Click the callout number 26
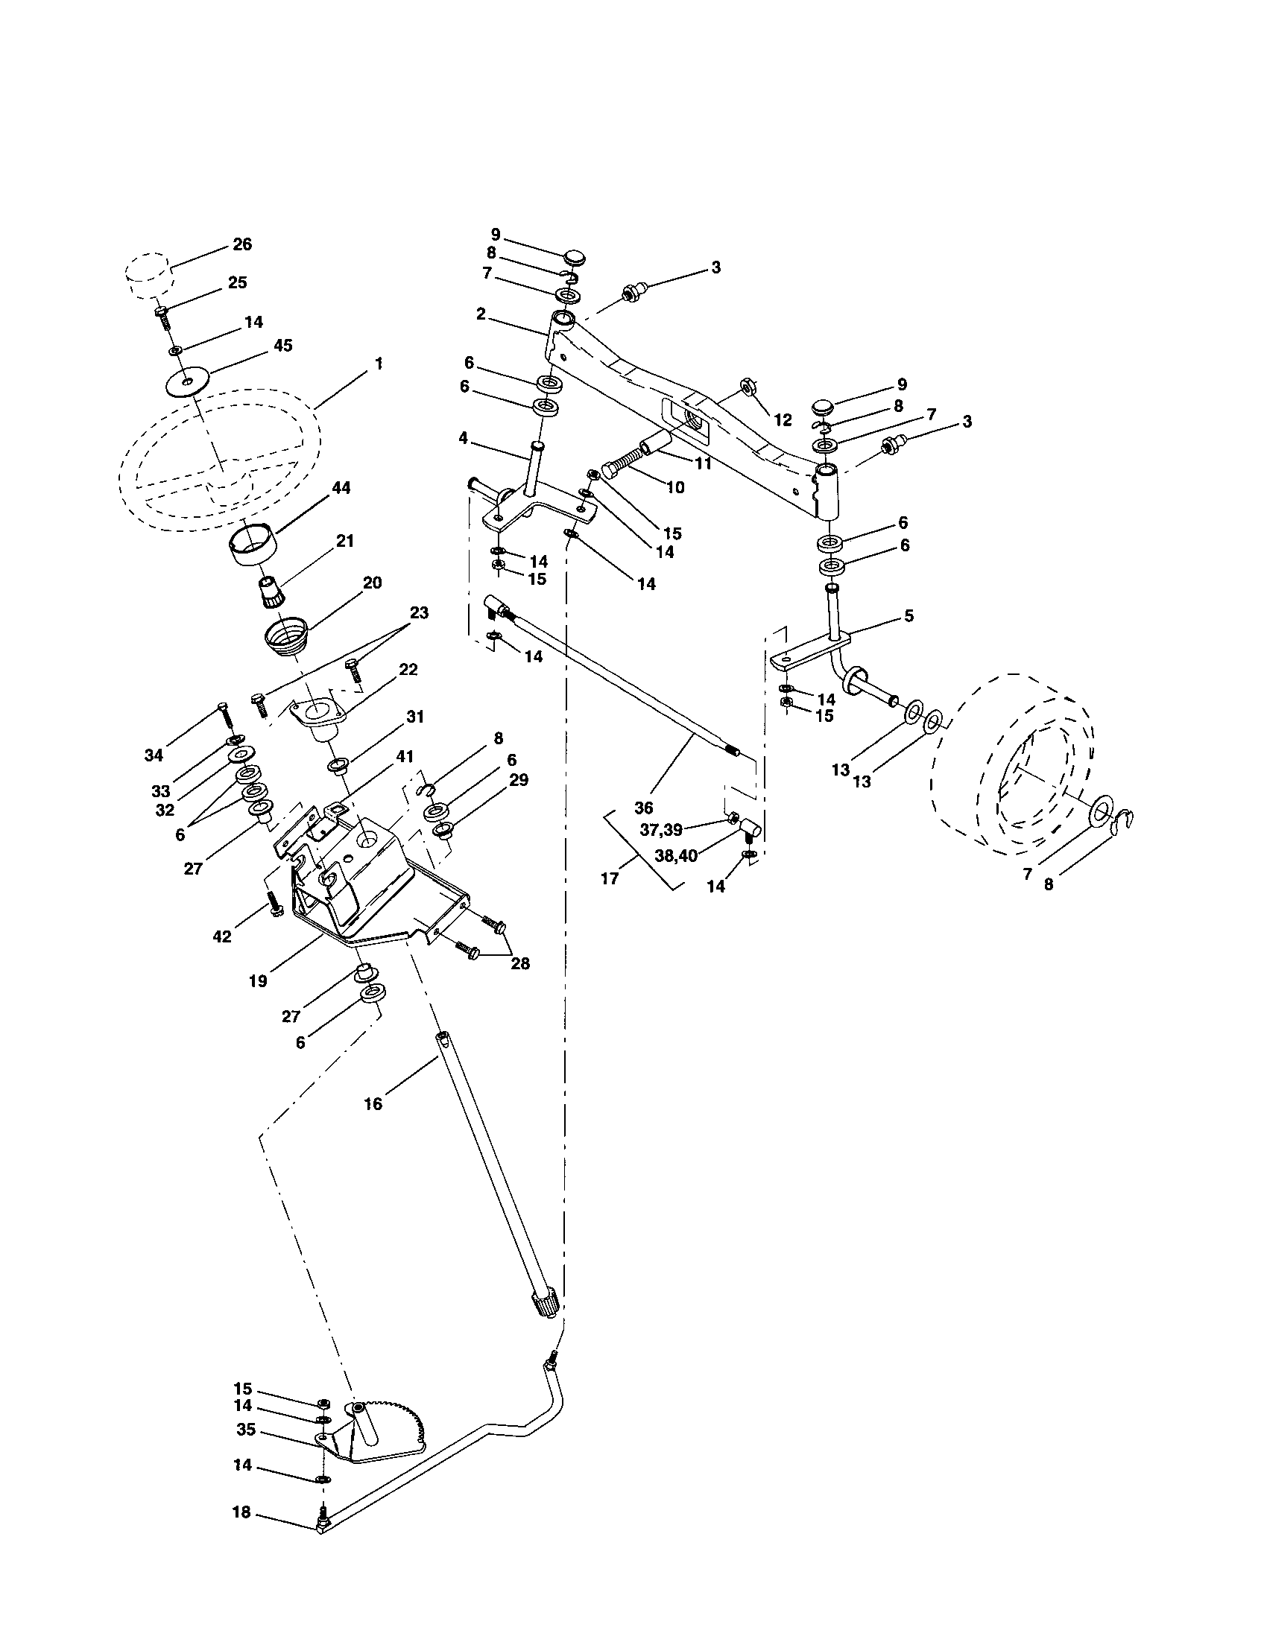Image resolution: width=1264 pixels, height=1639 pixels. tap(241, 244)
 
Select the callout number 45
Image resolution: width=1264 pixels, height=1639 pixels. tap(282, 346)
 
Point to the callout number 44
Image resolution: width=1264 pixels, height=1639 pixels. tap(341, 488)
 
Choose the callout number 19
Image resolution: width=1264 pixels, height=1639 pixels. tap(257, 981)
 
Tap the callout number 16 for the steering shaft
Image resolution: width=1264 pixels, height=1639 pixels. tap(373, 1103)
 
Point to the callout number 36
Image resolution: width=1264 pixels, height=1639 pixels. tap(643, 808)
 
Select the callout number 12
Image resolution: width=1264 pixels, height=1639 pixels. tap(783, 420)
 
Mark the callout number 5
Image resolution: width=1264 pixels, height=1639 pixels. tap(908, 616)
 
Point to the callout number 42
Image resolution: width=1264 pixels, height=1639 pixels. tap(221, 936)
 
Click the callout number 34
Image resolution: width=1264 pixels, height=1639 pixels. tap(153, 755)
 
